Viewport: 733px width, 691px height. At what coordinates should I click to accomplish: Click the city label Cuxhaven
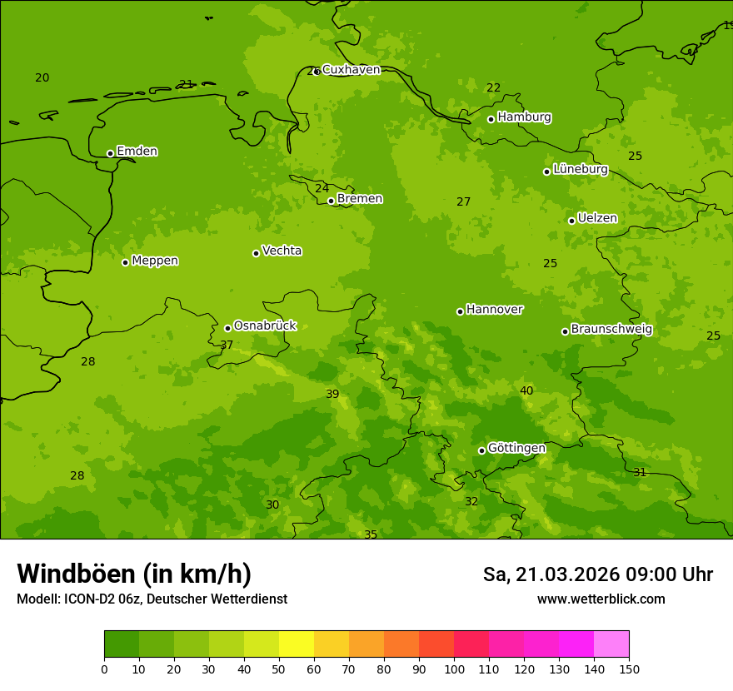point(351,70)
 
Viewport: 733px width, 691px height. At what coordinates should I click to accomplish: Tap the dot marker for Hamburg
point(491,119)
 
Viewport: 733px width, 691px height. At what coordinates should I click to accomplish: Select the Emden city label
point(137,152)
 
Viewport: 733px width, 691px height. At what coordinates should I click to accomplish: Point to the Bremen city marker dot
point(331,201)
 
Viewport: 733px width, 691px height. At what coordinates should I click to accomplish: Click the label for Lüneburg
point(581,169)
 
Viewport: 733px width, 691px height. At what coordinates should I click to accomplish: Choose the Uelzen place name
point(597,218)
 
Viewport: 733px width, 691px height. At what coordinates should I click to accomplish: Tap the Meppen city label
point(155,261)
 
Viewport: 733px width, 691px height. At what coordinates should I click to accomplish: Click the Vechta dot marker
point(256,253)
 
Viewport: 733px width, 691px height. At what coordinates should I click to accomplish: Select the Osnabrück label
point(265,326)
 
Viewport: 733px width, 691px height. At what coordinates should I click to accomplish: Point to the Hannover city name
point(495,310)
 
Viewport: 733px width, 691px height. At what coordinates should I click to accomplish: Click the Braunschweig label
point(611,330)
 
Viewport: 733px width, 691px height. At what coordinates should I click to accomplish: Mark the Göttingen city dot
point(481,450)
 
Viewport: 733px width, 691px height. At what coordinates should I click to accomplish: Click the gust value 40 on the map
point(526,390)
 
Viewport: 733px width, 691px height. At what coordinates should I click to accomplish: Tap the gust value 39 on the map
point(332,394)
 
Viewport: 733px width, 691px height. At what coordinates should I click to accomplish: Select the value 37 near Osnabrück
point(227,345)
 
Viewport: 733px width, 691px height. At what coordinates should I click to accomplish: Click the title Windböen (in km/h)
point(134,574)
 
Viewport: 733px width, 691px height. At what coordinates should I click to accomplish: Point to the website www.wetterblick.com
point(601,599)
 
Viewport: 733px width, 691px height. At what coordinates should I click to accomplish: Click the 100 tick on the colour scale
point(454,669)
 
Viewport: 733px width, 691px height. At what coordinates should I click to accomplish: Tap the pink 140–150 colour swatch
point(611,644)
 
